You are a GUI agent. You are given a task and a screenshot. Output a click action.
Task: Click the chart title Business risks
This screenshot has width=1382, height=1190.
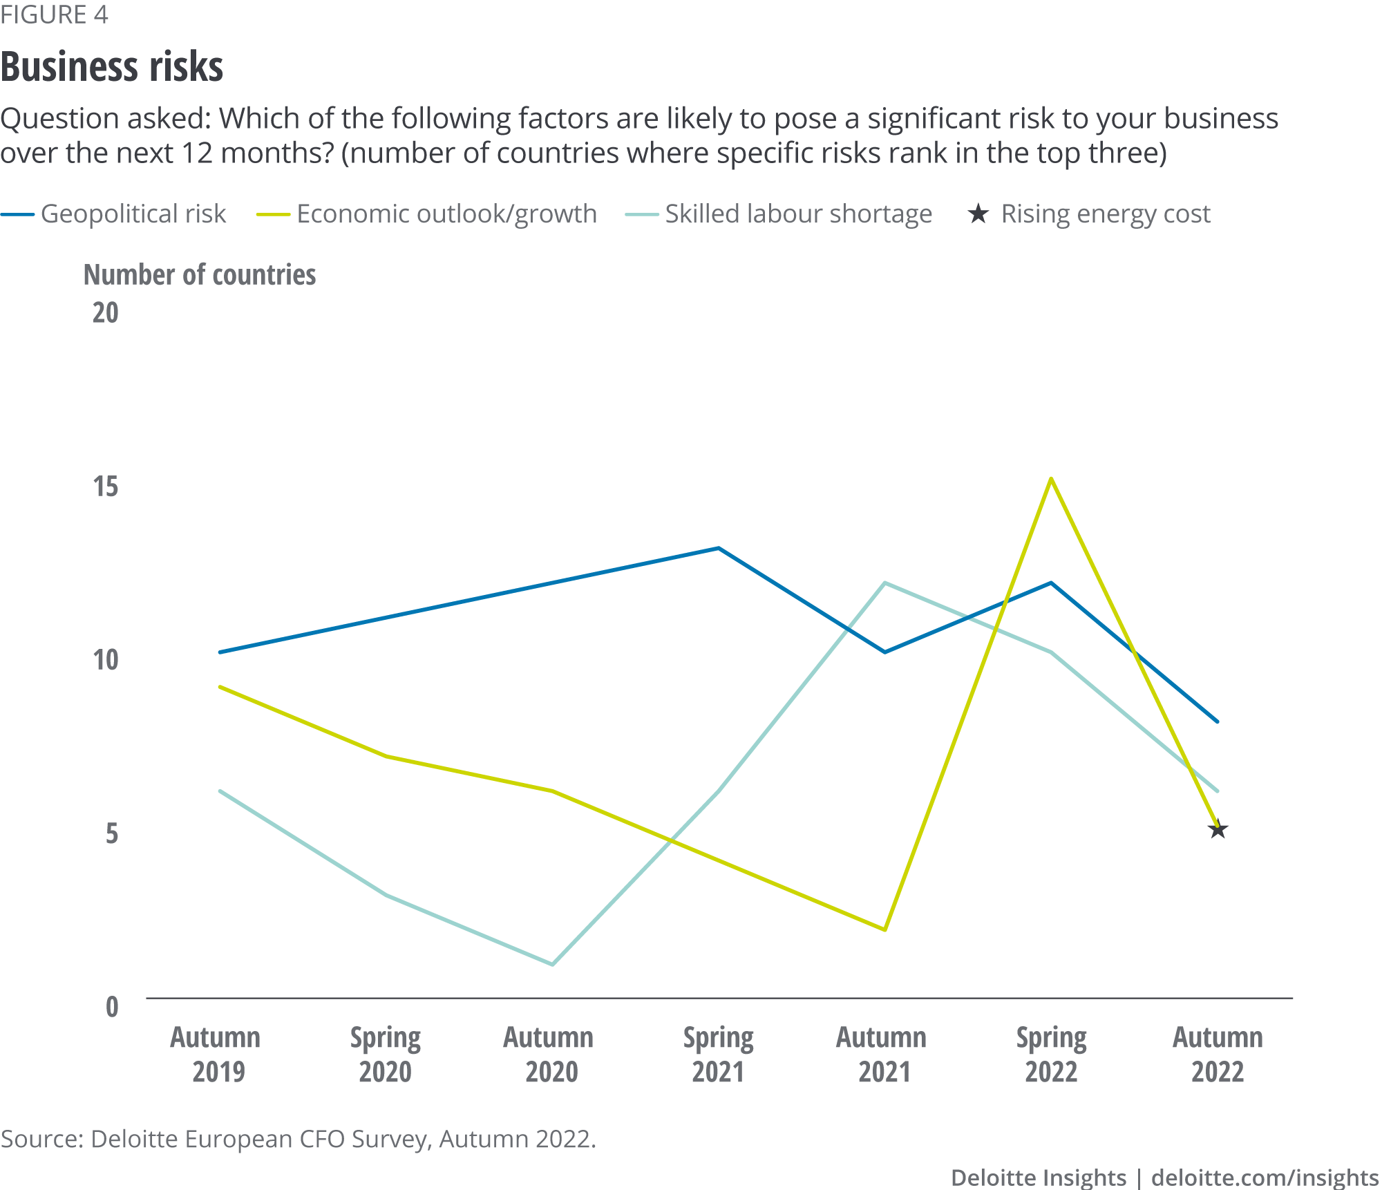[112, 67]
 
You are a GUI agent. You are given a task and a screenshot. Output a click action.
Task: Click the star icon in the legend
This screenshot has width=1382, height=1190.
[978, 214]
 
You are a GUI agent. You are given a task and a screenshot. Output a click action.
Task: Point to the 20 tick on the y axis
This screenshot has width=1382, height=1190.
[106, 313]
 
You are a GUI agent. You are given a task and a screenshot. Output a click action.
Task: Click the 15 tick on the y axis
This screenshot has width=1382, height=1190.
[106, 487]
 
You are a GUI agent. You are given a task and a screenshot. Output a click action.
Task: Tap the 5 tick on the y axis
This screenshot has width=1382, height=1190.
[112, 833]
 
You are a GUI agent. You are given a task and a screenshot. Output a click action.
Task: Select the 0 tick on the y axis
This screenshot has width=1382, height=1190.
[112, 1007]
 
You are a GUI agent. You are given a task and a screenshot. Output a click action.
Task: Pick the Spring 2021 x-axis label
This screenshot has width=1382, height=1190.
[718, 1055]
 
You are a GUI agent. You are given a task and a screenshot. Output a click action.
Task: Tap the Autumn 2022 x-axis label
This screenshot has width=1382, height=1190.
[1218, 1055]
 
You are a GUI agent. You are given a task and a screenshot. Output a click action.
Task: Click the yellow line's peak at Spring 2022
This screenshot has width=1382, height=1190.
[1051, 479]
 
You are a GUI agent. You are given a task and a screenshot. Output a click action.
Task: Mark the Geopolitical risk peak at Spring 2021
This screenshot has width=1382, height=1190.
[719, 549]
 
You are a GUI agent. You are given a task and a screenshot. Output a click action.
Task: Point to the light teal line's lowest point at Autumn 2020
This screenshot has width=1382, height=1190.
[552, 964]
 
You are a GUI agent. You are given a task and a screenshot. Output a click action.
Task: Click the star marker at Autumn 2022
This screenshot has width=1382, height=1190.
[1218, 830]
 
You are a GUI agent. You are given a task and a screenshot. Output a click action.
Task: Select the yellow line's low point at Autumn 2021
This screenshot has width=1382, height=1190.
[884, 929]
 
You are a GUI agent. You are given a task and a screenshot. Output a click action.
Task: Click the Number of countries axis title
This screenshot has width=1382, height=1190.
[200, 275]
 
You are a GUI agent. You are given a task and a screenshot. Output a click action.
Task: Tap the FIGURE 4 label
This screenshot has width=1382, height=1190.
[54, 15]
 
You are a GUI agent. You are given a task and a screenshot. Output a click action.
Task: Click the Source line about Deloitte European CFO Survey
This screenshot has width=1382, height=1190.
[298, 1139]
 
